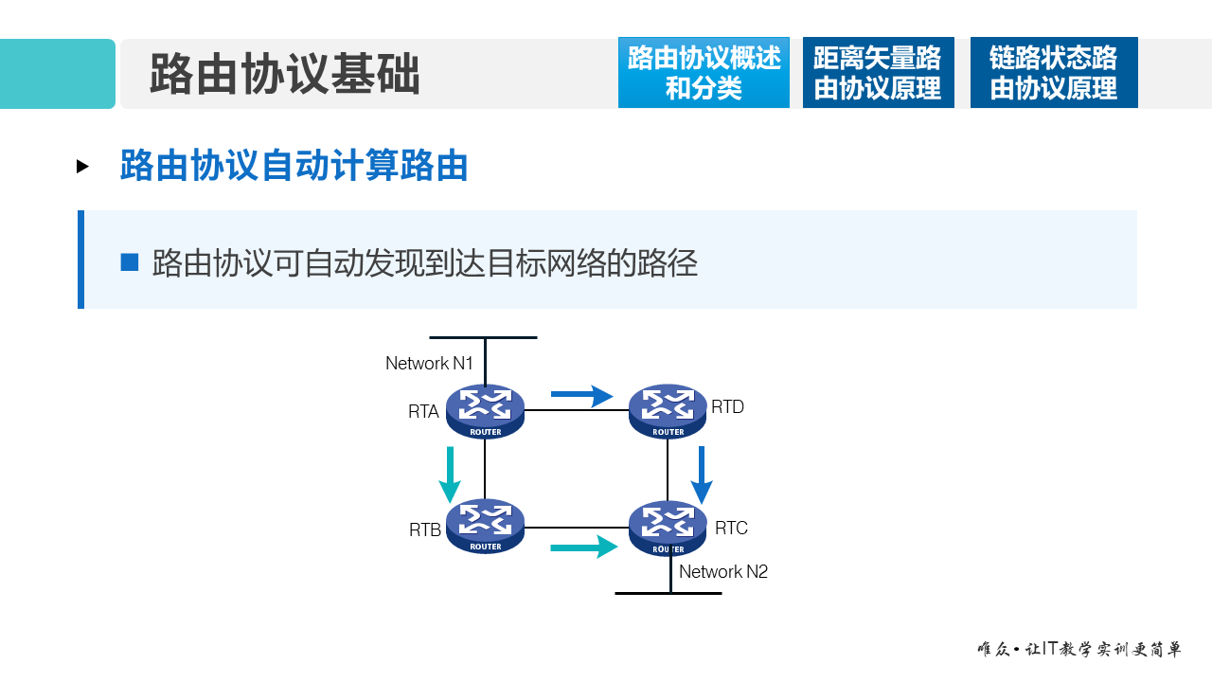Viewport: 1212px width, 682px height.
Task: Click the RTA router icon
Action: [x=485, y=411]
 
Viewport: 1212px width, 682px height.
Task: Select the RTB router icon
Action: [x=485, y=527]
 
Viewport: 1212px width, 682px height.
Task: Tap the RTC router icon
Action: [x=668, y=528]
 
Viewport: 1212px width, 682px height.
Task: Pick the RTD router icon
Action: [x=668, y=411]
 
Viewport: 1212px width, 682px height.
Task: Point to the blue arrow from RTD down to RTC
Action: [x=702, y=476]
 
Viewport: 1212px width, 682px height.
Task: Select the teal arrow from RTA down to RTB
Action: [x=449, y=476]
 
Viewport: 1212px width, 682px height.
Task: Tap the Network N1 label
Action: [x=429, y=363]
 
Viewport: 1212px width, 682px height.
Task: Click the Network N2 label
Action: [x=723, y=571]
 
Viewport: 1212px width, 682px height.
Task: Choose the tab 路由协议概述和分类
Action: [x=704, y=73]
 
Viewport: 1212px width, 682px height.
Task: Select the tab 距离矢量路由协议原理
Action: [x=878, y=73]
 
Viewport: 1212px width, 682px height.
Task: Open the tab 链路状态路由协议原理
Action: [x=1053, y=73]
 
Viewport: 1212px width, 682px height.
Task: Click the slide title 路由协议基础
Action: [x=284, y=74]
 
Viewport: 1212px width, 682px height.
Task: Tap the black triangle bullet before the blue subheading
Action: [x=83, y=167]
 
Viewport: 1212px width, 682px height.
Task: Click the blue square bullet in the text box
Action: [x=130, y=262]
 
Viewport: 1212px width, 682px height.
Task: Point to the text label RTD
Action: [x=727, y=406]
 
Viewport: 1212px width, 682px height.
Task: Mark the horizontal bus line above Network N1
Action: [x=483, y=337]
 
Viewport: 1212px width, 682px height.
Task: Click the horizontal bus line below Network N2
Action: [x=668, y=593]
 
